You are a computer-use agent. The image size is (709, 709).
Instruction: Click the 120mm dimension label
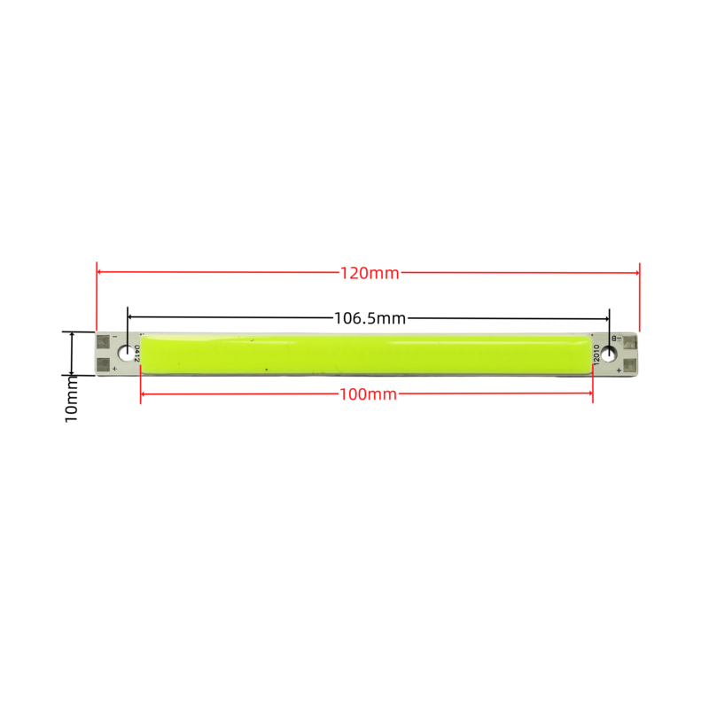pos(370,273)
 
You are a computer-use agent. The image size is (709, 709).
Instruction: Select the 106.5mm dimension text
pos(370,318)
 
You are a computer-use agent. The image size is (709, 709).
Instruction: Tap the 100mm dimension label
pos(368,394)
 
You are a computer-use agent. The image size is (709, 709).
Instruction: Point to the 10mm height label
pos(72,400)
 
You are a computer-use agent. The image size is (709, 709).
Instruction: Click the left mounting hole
pos(126,353)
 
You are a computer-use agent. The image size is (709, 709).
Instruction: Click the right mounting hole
pos(609,354)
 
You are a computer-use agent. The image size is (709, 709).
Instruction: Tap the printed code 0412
pos(137,354)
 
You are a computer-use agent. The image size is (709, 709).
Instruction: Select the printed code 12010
pos(596,354)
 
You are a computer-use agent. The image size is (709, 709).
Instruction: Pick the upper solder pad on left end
pos(104,342)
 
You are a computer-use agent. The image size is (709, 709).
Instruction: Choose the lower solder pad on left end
pos(104,364)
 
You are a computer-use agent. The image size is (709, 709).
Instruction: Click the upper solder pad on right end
pos(630,343)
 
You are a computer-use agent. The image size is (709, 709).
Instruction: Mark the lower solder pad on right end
pos(630,365)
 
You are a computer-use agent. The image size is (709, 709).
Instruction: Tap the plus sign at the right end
pos(619,370)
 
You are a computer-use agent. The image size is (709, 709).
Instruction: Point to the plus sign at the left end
pos(115,370)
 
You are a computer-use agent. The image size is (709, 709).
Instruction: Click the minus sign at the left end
pos(115,337)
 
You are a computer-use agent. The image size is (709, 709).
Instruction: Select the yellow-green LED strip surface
pos(366,354)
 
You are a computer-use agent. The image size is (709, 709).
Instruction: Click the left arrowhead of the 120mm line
pos(99,272)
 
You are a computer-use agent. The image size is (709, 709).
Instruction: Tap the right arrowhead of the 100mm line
pos(589,393)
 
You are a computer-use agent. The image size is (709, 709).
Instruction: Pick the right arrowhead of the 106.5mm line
pos(606,319)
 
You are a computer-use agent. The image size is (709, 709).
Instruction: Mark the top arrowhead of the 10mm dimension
pos(72,334)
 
